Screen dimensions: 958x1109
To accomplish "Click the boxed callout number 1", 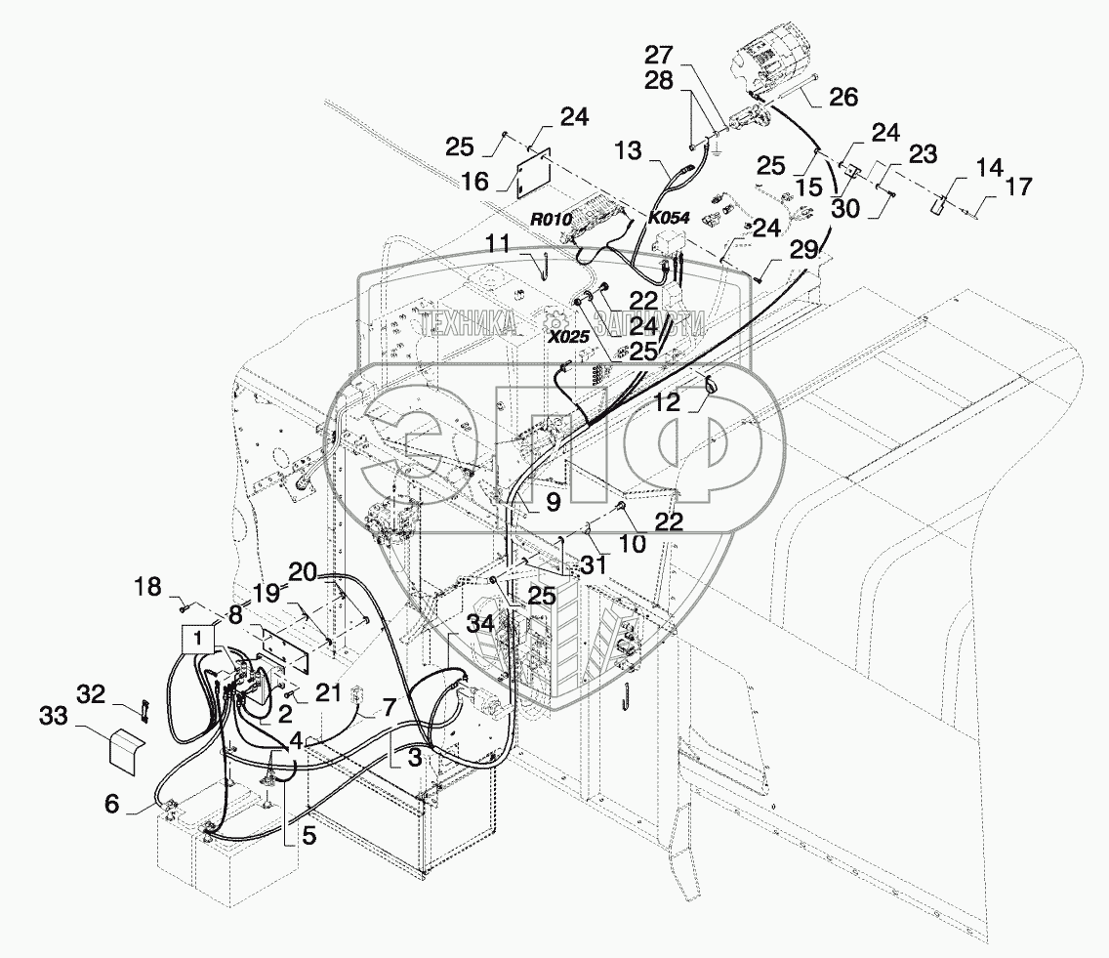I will (197, 636).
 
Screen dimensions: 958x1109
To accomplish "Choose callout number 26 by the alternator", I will (844, 97).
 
